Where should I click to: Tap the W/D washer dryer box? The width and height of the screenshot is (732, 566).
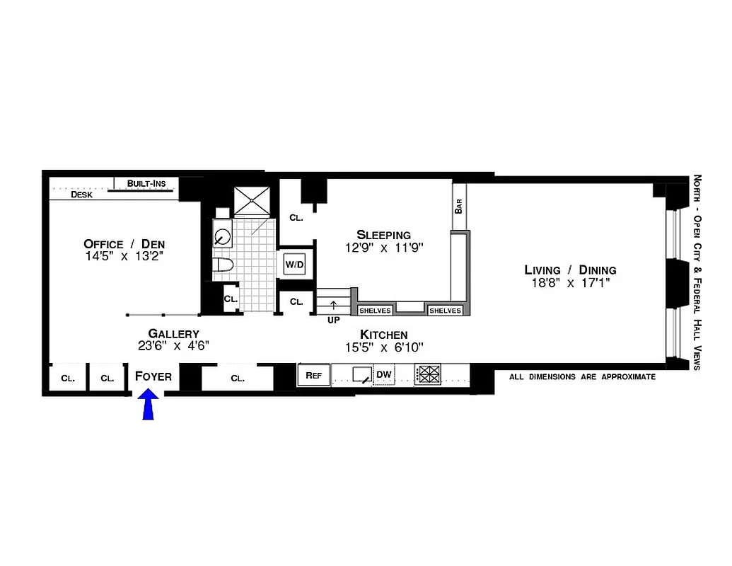[294, 265]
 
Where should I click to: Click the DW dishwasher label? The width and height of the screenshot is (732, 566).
[383, 375]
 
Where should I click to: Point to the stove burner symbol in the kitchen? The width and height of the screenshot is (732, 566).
[428, 374]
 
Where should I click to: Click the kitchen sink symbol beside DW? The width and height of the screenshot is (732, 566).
[363, 375]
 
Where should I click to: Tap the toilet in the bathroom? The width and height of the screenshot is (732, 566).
[223, 267]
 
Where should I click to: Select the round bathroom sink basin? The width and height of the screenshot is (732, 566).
[223, 236]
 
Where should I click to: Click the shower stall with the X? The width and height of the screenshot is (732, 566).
[252, 200]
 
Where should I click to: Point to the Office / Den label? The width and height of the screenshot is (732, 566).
[124, 244]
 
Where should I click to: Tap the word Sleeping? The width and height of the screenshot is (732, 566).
[383, 235]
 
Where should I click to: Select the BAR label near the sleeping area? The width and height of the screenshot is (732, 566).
[459, 207]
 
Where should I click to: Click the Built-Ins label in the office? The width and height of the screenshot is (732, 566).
[146, 184]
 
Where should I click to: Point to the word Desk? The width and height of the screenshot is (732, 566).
[83, 195]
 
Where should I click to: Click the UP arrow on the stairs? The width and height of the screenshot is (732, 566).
[333, 306]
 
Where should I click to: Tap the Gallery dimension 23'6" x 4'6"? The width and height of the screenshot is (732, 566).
[173, 346]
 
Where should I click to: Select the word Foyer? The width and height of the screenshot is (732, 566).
[153, 376]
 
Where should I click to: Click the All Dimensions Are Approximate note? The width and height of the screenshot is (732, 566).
[582, 377]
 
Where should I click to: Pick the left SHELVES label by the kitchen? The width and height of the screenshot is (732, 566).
[375, 311]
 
